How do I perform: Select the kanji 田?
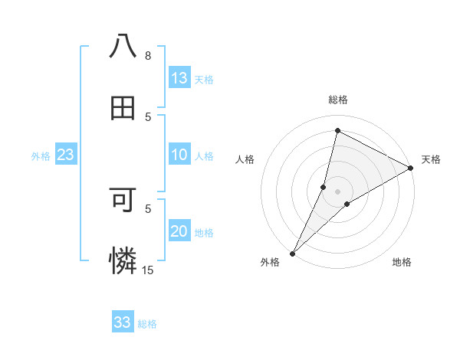click(123, 109)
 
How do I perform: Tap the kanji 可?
click(123, 201)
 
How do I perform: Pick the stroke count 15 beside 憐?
click(148, 270)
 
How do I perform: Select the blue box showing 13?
click(179, 78)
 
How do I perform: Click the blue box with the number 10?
click(179, 155)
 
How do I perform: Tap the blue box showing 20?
click(179, 232)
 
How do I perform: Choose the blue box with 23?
click(66, 155)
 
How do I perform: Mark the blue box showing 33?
click(123, 322)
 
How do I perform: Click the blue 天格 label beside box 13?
click(204, 79)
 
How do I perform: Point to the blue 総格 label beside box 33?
click(147, 323)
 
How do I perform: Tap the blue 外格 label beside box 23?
click(41, 156)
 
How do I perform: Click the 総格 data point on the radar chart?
click(337, 130)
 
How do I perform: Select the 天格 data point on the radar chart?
click(411, 168)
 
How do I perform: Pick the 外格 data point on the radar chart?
click(292, 253)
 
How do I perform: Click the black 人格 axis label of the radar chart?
click(245, 159)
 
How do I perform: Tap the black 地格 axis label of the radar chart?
click(402, 262)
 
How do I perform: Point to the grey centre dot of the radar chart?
click(337, 191)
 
